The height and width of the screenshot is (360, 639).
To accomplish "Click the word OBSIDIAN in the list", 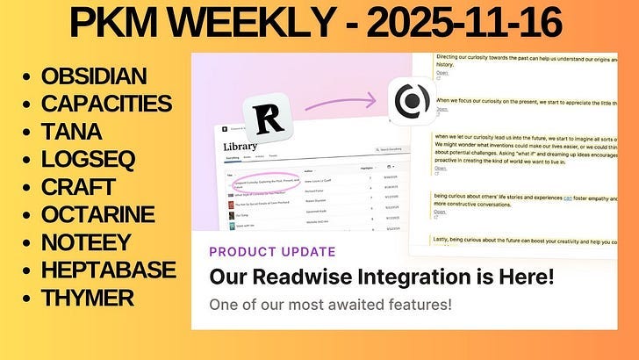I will [x=94, y=76].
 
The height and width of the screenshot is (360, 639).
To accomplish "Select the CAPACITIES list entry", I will [x=106, y=104].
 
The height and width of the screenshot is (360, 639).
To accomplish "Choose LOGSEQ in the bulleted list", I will [x=82, y=159].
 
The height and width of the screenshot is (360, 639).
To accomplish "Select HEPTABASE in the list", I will [x=108, y=270].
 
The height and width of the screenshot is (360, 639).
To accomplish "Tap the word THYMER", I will [x=87, y=298].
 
